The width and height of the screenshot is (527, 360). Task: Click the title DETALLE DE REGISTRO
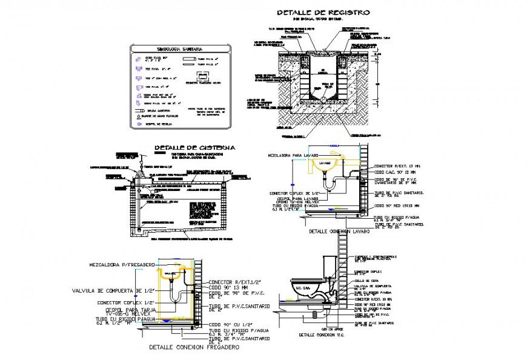[x=323, y=12]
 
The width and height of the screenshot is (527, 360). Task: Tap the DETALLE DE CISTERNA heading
[x=194, y=147]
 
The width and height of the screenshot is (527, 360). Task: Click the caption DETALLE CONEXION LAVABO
[x=340, y=232]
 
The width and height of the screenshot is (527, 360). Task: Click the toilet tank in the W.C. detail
[x=328, y=264]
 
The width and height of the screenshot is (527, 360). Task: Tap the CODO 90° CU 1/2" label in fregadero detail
[x=231, y=325]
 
